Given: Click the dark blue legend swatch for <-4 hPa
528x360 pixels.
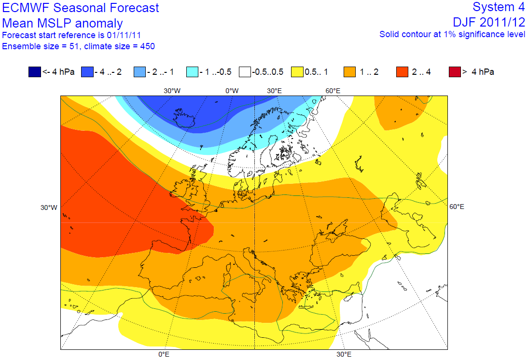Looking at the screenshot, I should point(35,72).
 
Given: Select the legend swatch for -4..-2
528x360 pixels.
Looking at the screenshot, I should point(87,72).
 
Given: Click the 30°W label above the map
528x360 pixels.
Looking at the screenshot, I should point(172,91).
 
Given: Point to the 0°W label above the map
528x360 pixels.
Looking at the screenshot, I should point(232,91).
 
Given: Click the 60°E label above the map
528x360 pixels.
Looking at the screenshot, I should point(333,91).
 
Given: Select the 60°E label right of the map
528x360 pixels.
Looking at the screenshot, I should point(457,207).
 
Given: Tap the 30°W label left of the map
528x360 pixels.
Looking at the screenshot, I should point(49,208).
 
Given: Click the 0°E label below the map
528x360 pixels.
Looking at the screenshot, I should point(164,355).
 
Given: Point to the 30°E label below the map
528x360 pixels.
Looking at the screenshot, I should point(344,355).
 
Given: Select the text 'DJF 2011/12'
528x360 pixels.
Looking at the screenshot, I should point(489,22).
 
